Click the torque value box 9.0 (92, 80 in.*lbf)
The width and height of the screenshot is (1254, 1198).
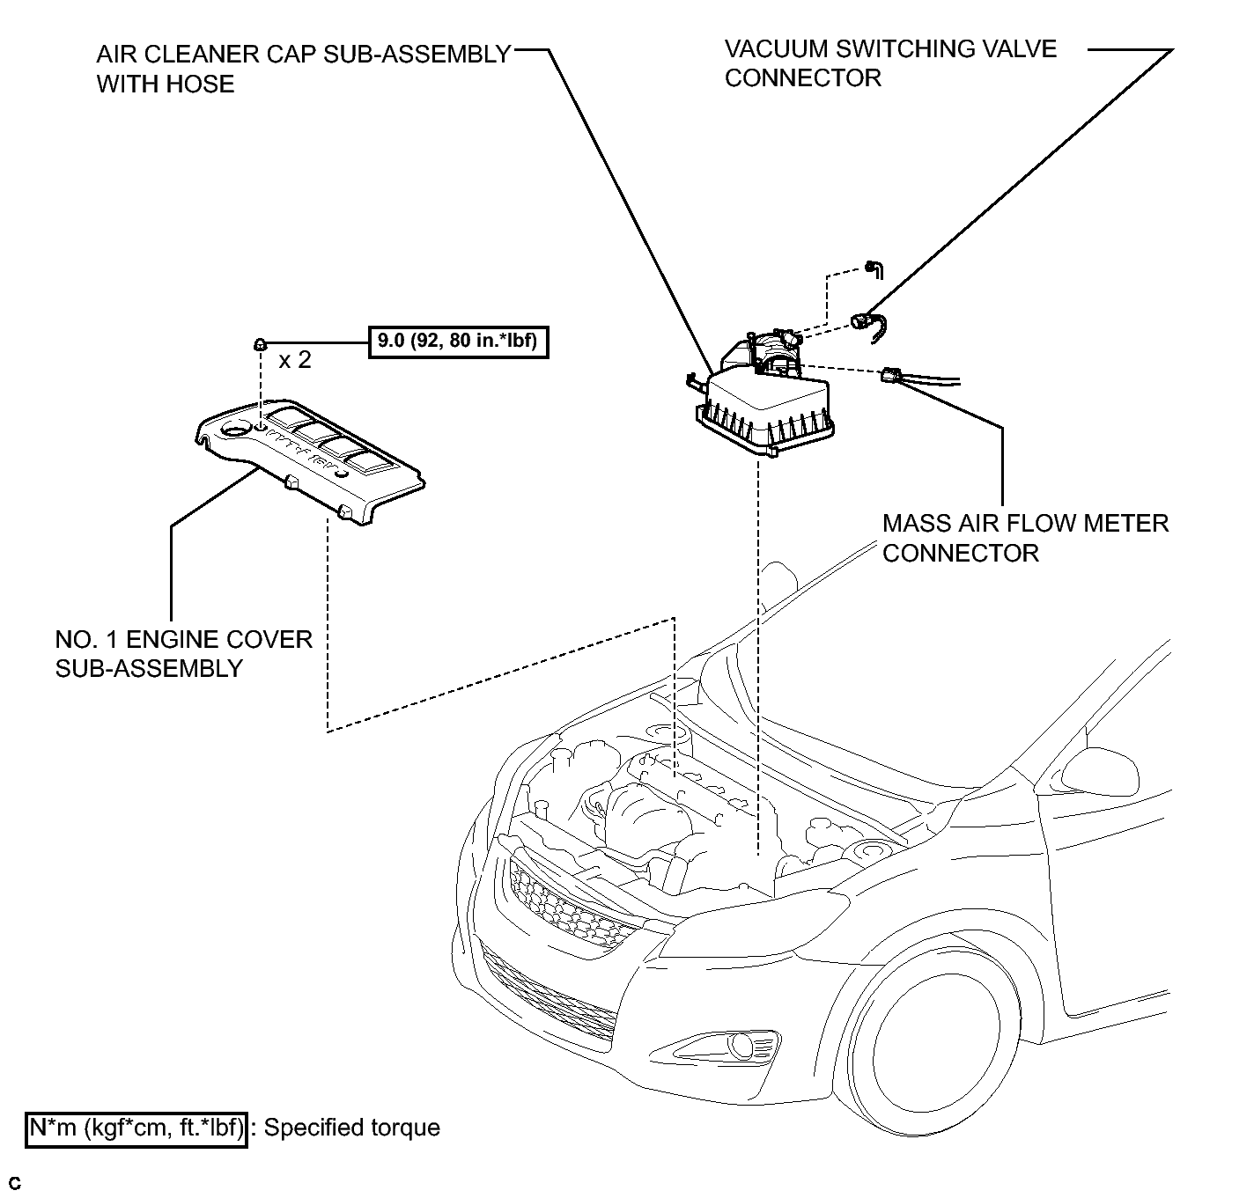pyautogui.click(x=457, y=341)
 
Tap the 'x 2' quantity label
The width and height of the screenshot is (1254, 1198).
pyautogui.click(x=294, y=360)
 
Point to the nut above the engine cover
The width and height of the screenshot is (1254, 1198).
pyautogui.click(x=261, y=342)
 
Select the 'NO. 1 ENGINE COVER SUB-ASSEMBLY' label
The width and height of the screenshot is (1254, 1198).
pyautogui.click(x=183, y=653)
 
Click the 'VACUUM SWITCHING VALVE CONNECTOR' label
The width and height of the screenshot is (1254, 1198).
pyautogui.click(x=889, y=63)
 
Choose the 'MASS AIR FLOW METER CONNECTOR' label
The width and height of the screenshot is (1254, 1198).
pyautogui.click(x=1025, y=538)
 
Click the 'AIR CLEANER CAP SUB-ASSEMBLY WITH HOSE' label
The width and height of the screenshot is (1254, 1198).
pyautogui.click(x=303, y=69)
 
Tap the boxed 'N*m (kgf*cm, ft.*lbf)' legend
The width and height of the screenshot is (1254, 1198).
pyautogui.click(x=136, y=1127)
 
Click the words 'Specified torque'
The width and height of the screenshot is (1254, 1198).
pyautogui.click(x=351, y=1127)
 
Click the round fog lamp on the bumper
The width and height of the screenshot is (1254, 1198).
pyautogui.click(x=742, y=1046)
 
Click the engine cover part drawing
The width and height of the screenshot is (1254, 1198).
pyautogui.click(x=308, y=458)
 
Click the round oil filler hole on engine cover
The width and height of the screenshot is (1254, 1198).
pyautogui.click(x=234, y=430)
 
